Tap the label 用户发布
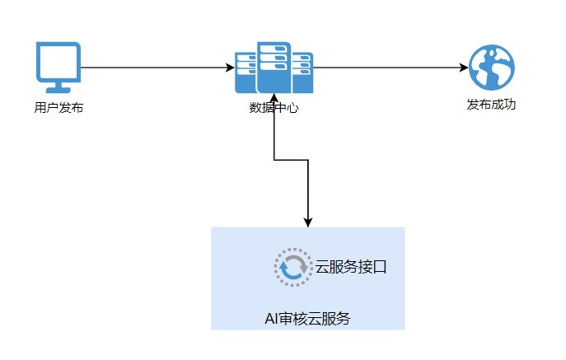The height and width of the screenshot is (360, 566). pyautogui.click(x=58, y=108)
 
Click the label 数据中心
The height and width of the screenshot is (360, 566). pyautogui.click(x=274, y=107)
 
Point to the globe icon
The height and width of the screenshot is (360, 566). pyautogui.click(x=491, y=68)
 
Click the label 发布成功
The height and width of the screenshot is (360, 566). pyautogui.click(x=491, y=105)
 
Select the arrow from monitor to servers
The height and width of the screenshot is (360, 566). pyautogui.click(x=157, y=68)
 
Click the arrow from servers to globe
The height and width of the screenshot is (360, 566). pyautogui.click(x=387, y=68)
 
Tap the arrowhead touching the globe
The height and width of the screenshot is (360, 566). pyautogui.click(x=462, y=68)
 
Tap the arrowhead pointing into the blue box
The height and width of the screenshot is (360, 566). pyautogui.click(x=308, y=221)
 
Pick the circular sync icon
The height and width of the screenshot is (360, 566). pyautogui.click(x=292, y=268)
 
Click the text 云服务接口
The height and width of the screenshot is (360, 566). pyautogui.click(x=351, y=268)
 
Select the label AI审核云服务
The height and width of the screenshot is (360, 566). pyautogui.click(x=307, y=319)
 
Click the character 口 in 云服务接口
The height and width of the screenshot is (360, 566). pyautogui.click(x=380, y=268)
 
